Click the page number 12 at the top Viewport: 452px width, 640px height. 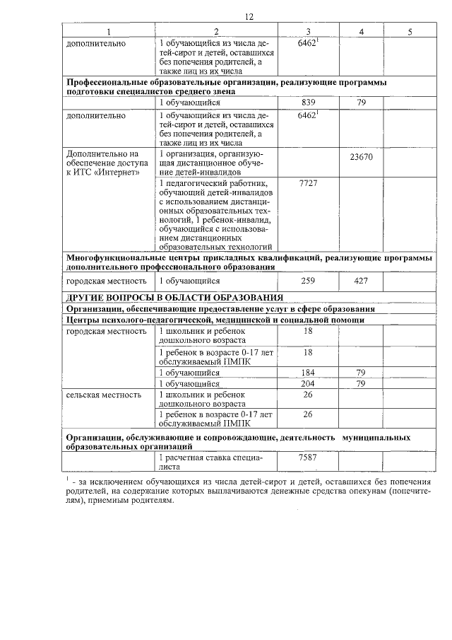click(249, 17)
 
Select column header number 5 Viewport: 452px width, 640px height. click(410, 32)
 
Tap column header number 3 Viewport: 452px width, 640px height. click(308, 32)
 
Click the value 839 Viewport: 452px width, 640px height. click(308, 103)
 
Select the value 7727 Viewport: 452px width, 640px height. click(308, 183)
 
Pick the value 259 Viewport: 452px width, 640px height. click(308, 281)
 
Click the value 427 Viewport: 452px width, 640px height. click(361, 281)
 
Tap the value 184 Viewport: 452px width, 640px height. click(308, 373)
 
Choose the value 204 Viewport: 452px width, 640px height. click(308, 383)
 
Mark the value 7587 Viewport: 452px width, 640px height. click(308, 458)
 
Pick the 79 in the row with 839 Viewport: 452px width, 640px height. click(361, 103)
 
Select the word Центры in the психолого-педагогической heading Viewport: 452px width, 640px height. click(83, 320)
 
